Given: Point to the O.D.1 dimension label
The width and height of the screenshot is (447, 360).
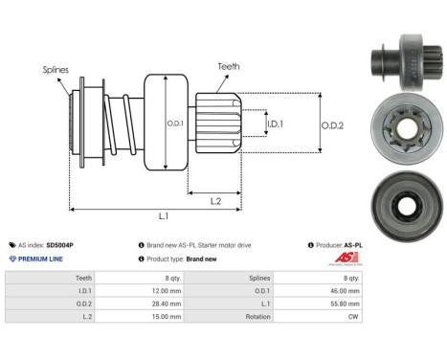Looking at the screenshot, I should click(174, 122).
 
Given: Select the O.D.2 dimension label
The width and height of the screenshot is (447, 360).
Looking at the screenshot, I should click(332, 123).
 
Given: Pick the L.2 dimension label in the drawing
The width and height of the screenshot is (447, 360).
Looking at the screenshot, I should click(216, 200).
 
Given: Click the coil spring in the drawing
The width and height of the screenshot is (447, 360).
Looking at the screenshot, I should click(120, 124).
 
